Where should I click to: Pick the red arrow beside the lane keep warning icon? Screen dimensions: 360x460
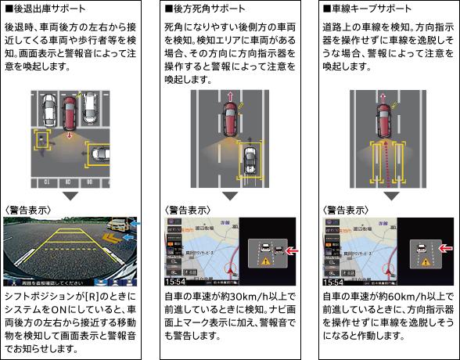pos(446,250)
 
